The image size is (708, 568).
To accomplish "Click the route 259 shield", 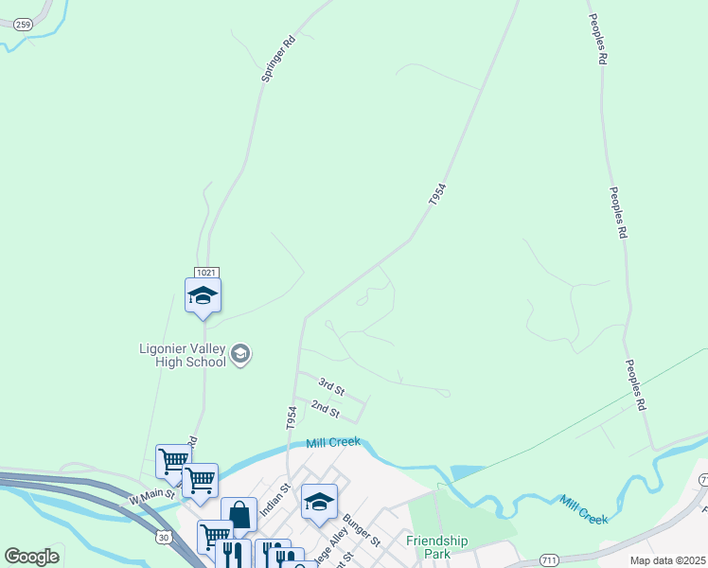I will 23,26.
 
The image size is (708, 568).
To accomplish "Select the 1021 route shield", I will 207,271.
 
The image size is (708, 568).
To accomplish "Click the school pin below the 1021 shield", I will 204,296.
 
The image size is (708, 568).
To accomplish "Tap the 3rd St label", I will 331,386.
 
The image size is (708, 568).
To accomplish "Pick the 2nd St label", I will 325,409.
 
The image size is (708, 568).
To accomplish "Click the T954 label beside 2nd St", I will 292,417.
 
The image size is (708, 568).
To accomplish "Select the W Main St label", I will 152,494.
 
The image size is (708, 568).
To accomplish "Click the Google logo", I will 31,557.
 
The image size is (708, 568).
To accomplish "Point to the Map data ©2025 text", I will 667,560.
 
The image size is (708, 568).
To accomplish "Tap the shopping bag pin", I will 239,516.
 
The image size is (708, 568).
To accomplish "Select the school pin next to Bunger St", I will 319,503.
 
